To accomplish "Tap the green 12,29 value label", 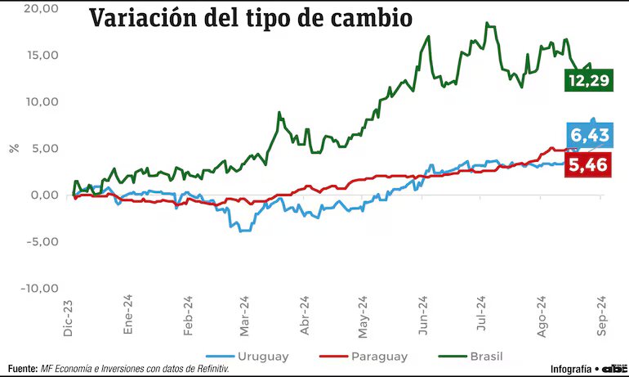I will (587, 81).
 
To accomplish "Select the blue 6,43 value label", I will (587, 135).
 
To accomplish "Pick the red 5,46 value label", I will (587, 164).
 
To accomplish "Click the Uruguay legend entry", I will (262, 357).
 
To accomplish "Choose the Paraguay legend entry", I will (378, 357).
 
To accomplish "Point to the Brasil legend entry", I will (485, 357).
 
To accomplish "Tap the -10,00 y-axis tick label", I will (40, 288).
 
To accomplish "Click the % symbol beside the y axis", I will (13, 148).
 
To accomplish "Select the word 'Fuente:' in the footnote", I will (21, 369).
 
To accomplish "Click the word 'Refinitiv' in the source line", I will (207, 369).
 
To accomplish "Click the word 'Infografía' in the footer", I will (570, 369).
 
